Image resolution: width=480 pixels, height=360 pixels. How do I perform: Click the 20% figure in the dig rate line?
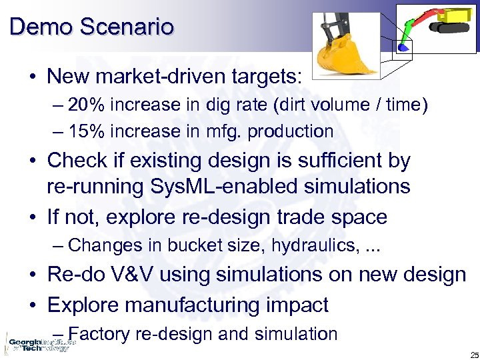(85, 105)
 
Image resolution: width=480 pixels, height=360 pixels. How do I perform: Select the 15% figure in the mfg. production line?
(85, 131)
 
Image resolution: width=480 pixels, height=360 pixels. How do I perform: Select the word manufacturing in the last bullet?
(200, 305)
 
